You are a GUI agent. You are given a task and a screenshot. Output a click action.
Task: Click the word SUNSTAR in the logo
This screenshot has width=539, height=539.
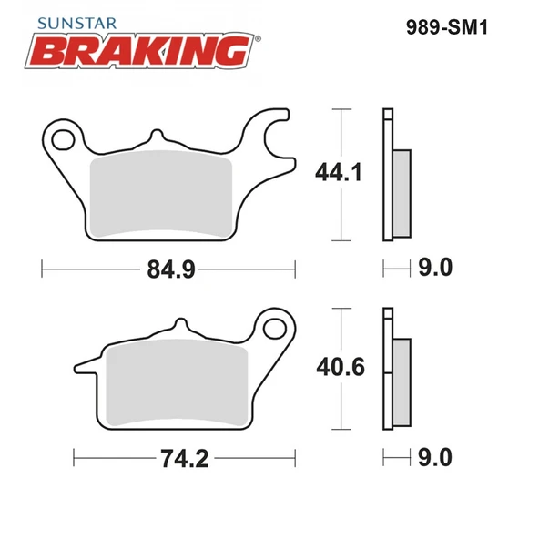[77, 24]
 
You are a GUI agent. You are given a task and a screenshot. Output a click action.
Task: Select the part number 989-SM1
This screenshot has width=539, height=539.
[447, 27]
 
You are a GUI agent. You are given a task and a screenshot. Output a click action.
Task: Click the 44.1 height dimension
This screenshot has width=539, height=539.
[339, 172]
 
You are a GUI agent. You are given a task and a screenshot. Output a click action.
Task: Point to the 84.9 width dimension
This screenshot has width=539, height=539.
[171, 269]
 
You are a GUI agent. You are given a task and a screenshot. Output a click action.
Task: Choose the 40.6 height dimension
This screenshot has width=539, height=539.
[341, 367]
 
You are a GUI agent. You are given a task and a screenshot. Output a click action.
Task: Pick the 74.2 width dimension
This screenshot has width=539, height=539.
[185, 459]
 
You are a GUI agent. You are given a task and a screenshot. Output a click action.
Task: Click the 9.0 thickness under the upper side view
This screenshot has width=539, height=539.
[435, 268]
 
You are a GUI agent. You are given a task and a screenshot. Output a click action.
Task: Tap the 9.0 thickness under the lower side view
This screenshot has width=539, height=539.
[435, 458]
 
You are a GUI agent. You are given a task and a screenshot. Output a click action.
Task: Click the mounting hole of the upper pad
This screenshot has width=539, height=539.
[63, 139]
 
